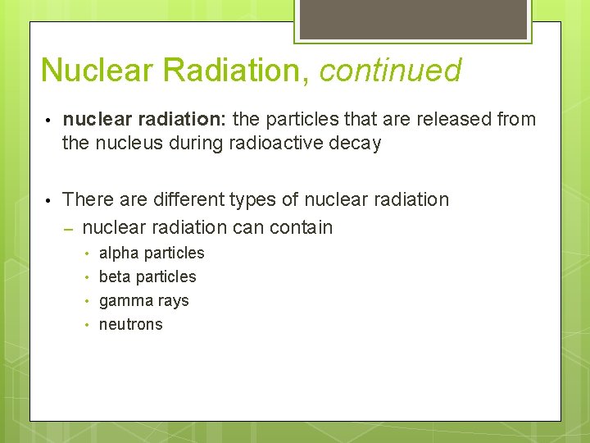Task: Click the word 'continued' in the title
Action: click(x=390, y=71)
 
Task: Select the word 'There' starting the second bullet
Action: click(x=86, y=199)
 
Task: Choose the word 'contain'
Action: click(x=301, y=227)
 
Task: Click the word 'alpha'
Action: click(x=118, y=253)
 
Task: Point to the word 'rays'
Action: click(x=172, y=301)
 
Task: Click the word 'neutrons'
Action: click(x=131, y=325)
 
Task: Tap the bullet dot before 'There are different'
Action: click(x=49, y=200)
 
